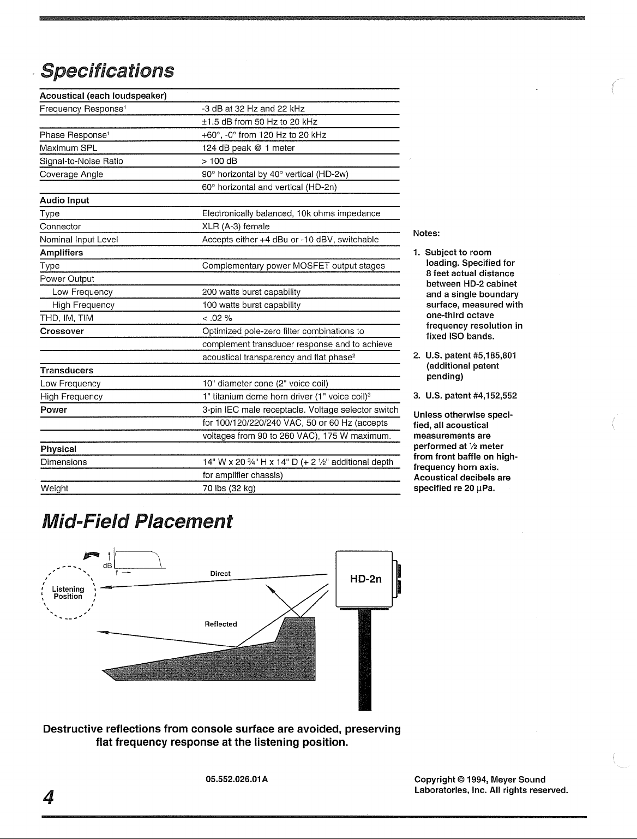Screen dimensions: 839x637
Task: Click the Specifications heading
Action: (x=108, y=70)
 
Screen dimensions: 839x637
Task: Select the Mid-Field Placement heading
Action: (x=137, y=521)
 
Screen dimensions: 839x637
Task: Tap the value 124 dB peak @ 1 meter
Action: (x=248, y=148)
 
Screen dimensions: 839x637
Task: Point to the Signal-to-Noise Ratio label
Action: (x=81, y=161)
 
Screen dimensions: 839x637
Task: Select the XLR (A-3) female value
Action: (x=236, y=227)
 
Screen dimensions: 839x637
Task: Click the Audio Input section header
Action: (x=64, y=200)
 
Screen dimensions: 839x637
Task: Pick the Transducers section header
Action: (x=67, y=371)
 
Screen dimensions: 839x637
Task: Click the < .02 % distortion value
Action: (x=218, y=318)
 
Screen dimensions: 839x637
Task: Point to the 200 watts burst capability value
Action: (x=251, y=292)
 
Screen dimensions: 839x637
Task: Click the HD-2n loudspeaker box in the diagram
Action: (x=365, y=580)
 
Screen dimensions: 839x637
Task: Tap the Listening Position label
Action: (x=68, y=593)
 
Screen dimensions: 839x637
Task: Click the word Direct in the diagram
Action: (x=220, y=574)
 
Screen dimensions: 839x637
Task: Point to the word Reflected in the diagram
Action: (x=220, y=624)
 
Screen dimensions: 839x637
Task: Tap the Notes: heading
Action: (x=426, y=233)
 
